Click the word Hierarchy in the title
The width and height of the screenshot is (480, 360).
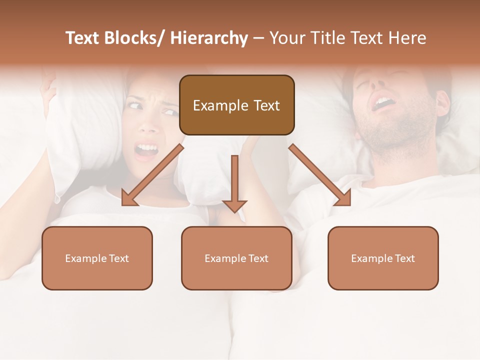click(x=209, y=38)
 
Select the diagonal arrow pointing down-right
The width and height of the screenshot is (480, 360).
click(x=320, y=175)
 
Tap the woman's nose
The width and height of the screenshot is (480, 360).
click(x=148, y=125)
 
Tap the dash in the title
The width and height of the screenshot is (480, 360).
click(x=258, y=39)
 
